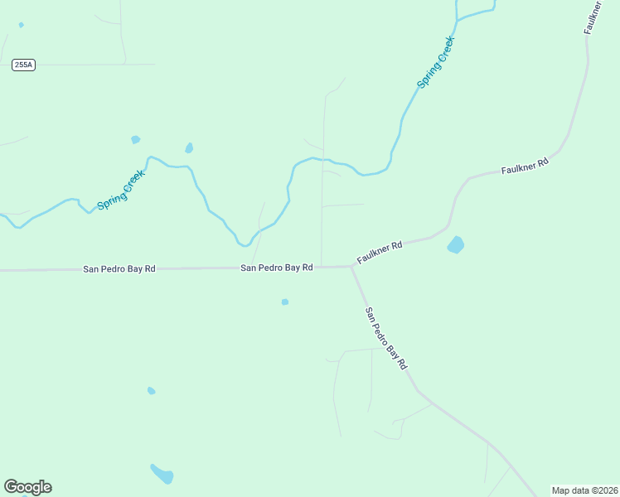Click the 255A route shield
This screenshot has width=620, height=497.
pyautogui.click(x=24, y=65)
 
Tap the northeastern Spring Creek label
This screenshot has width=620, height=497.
pyautogui.click(x=436, y=62)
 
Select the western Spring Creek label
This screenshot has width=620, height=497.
pyautogui.click(x=121, y=190)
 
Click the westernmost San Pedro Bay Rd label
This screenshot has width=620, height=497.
pyautogui.click(x=119, y=269)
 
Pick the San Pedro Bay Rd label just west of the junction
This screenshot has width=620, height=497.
pyautogui.click(x=277, y=268)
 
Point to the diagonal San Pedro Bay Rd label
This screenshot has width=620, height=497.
pyautogui.click(x=387, y=338)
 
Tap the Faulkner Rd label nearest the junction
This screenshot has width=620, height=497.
pyautogui.click(x=380, y=253)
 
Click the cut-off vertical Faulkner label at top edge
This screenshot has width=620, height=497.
pyautogui.click(x=593, y=17)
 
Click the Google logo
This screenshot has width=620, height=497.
pyautogui.click(x=27, y=487)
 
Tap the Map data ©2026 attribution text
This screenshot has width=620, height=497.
pyautogui.click(x=584, y=490)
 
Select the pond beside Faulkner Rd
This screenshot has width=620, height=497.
pyautogui.click(x=455, y=244)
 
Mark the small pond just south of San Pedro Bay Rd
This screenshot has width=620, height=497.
pyautogui.click(x=285, y=302)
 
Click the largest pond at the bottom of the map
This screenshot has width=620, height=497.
pyautogui.click(x=162, y=474)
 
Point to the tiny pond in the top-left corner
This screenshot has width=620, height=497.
pyautogui.click(x=21, y=25)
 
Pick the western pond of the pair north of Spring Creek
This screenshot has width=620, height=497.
pyautogui.click(x=135, y=139)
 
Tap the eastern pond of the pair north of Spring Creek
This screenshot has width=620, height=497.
pyautogui.click(x=189, y=148)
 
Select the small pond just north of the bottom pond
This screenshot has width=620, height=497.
pyautogui.click(x=151, y=390)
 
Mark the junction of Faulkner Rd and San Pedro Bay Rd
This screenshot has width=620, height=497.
pyautogui.click(x=351, y=267)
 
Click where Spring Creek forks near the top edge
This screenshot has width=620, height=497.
pyautogui.click(x=458, y=18)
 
